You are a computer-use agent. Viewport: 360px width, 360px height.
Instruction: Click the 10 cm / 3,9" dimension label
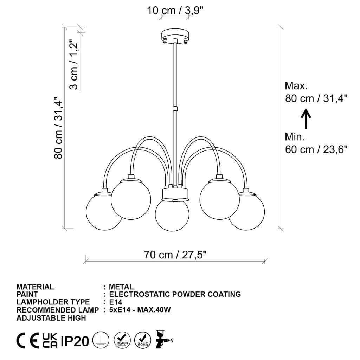[x=175, y=11]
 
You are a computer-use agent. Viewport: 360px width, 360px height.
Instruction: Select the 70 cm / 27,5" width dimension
[x=175, y=255]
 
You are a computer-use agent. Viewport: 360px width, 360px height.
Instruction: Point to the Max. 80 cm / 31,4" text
[x=316, y=92]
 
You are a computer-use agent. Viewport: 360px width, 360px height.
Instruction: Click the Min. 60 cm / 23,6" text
[x=316, y=143]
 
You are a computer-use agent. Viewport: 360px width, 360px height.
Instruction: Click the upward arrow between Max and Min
[x=306, y=119]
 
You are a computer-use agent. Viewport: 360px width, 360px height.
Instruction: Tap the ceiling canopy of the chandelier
[x=175, y=35]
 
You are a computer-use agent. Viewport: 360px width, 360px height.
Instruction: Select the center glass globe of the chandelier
[x=172, y=215]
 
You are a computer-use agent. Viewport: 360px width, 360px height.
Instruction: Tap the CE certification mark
[x=28, y=341]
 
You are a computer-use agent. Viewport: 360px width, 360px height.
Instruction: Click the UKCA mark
[x=50, y=341]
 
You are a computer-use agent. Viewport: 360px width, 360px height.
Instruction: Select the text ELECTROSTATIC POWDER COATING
[x=175, y=294]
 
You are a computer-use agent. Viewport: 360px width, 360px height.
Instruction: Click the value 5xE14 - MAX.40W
[x=140, y=310]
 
